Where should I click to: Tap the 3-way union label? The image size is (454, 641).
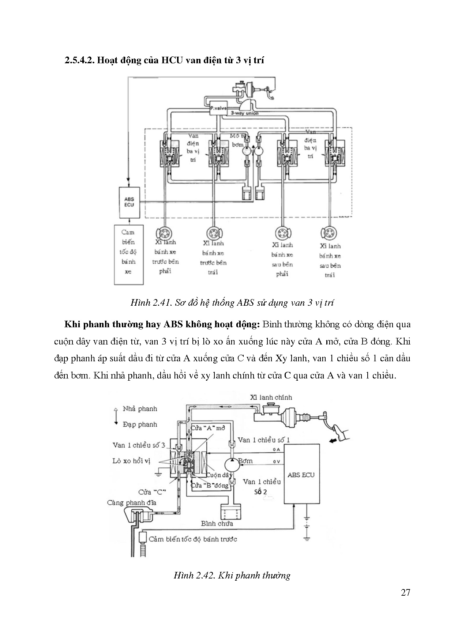click(244, 113)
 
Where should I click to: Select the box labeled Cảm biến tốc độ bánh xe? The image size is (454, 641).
click(128, 254)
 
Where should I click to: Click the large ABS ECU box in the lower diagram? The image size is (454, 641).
click(301, 475)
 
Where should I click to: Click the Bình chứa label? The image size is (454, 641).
click(217, 523)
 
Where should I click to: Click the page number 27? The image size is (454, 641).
click(405, 593)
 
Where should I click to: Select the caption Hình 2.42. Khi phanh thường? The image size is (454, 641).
click(232, 575)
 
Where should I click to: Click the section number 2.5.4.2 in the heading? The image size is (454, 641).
click(80, 60)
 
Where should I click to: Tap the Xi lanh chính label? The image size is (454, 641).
click(271, 397)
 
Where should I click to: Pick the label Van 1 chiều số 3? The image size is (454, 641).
click(139, 445)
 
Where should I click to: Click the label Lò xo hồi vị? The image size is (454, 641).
click(131, 461)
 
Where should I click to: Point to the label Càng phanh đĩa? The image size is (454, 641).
click(132, 502)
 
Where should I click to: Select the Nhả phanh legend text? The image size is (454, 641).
click(140, 408)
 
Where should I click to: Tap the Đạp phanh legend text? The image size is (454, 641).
click(140, 424)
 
